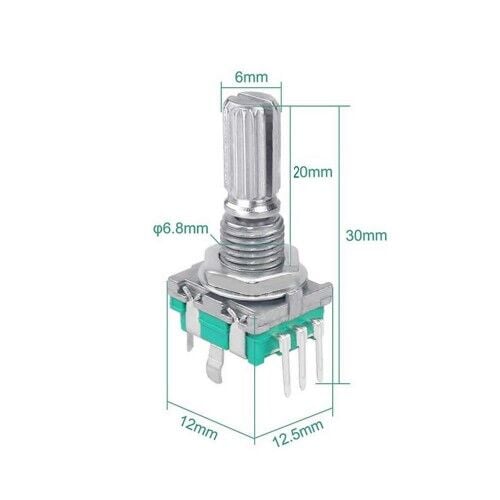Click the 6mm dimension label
tap(251, 77)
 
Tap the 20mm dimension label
tap(313, 172)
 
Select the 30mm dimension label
tap(366, 235)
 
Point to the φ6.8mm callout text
tap(181, 229)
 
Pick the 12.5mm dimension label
tap(298, 433)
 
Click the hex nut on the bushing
tap(247, 269)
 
